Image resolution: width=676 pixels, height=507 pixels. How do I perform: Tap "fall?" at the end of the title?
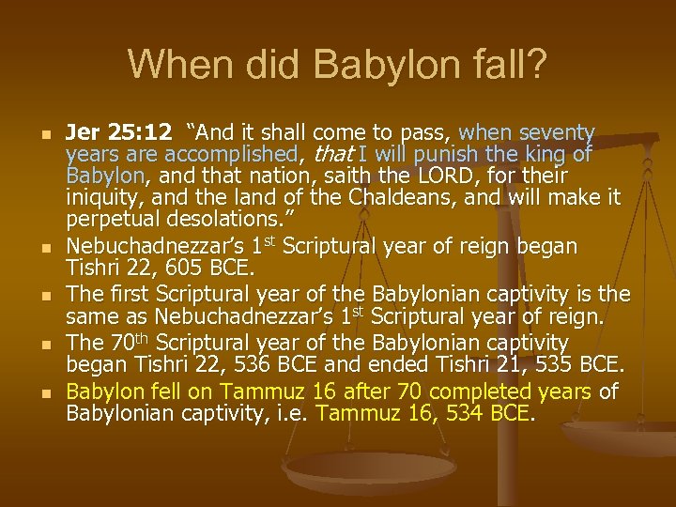[x=510, y=65]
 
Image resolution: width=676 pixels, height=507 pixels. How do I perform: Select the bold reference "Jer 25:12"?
[x=118, y=132]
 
